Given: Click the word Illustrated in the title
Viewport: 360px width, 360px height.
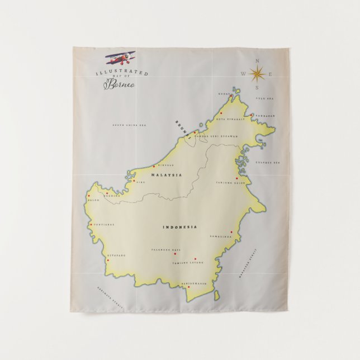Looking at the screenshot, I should tap(121, 73).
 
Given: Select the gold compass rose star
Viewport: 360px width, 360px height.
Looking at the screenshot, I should tap(257, 73).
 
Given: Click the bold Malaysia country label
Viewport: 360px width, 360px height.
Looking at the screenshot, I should tap(167, 175).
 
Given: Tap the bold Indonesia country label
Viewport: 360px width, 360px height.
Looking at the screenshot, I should tap(179, 227).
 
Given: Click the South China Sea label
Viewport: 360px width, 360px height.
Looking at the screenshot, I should tap(129, 125).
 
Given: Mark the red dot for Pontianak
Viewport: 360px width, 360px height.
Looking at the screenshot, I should tap(91, 225).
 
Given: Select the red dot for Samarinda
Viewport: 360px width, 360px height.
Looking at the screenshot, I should tap(231, 232).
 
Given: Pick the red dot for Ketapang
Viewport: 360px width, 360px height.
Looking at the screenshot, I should tap(107, 260).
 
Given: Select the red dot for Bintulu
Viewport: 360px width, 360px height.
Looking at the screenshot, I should tap(154, 166).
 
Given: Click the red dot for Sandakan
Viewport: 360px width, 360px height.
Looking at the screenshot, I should tap(252, 116).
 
